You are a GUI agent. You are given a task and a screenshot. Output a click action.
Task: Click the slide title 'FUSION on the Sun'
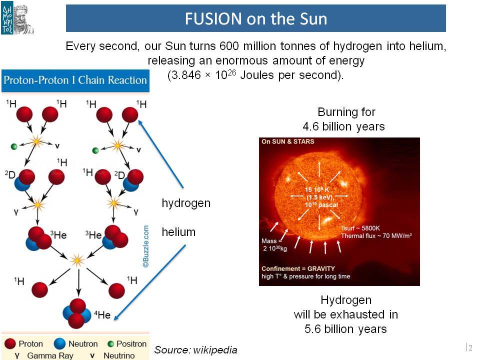pos(256,18)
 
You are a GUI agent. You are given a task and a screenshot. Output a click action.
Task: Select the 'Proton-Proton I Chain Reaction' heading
pos(75,80)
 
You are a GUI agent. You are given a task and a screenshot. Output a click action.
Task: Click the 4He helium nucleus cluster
pos(77,313)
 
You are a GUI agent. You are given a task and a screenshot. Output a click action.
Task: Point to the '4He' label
pos(102,314)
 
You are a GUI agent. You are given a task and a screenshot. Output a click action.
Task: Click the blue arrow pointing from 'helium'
pos(149,282)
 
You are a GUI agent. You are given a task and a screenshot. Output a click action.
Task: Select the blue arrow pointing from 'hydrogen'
pos(160,154)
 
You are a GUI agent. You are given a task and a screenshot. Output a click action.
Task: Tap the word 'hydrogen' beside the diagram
pos(186,203)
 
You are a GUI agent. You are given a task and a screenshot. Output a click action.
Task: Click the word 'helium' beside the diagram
pos(178,232)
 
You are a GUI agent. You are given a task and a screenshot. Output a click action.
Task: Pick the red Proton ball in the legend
pos(10,344)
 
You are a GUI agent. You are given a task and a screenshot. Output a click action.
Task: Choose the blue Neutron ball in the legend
pos(59,344)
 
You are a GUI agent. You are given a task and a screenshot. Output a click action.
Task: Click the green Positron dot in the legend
pos(110,344)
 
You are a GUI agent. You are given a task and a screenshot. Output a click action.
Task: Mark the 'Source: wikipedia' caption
pos(195,350)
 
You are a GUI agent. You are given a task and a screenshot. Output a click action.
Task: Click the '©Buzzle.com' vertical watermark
pos(145,246)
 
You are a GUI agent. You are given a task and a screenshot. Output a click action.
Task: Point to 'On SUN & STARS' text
pos(288,141)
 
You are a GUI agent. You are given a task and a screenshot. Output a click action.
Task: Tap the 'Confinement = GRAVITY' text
pos(298,268)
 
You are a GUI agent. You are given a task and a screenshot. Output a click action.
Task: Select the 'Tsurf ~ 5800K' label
pos(360,228)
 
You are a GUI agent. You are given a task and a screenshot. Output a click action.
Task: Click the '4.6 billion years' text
pos(343,126)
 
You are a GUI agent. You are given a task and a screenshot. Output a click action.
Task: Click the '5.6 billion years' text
pos(345,329)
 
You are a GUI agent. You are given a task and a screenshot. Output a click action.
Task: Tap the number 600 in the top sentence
pos(229,46)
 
